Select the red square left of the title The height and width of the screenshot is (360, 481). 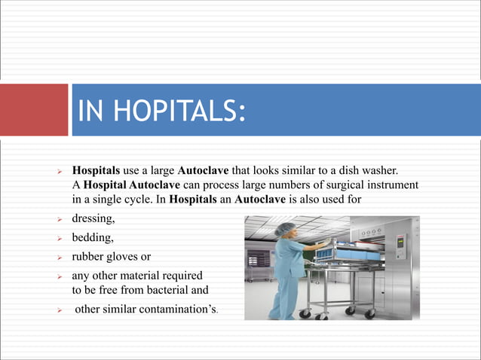coord(34,110)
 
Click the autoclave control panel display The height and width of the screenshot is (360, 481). coord(402,242)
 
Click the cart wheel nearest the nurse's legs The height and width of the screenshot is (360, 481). coord(303,316)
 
